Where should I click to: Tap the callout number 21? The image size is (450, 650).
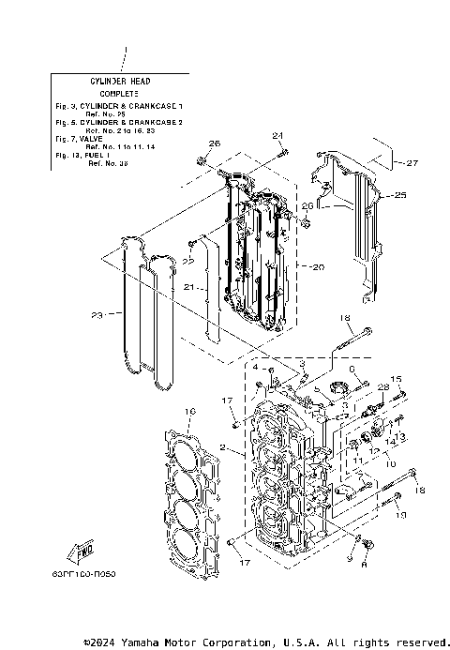click(187, 287)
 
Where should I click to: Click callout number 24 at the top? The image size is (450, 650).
click(277, 135)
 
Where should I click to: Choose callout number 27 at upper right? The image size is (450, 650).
click(411, 162)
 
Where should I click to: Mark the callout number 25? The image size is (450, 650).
click(400, 195)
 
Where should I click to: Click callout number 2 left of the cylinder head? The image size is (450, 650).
click(221, 448)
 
